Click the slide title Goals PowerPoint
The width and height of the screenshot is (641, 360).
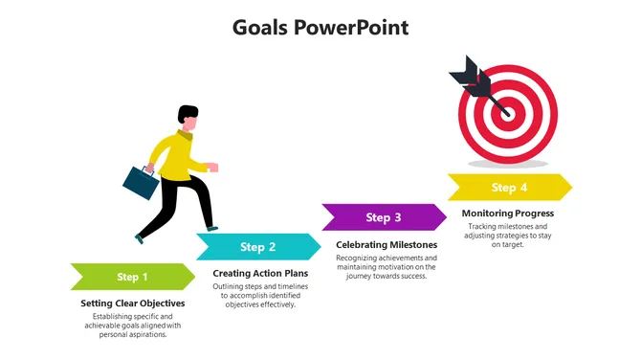[320, 28]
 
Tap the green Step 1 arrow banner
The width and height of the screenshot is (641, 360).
[133, 277]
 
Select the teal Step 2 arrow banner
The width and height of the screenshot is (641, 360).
[258, 247]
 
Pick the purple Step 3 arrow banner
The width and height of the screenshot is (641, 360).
[385, 217]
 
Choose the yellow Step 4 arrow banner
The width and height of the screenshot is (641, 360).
[510, 188]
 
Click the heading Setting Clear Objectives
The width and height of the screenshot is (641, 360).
[132, 304]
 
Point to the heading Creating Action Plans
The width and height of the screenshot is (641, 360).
[260, 273]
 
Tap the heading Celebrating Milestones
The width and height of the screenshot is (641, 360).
[387, 245]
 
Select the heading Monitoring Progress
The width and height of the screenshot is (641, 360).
[508, 214]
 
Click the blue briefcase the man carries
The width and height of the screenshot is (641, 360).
[141, 183]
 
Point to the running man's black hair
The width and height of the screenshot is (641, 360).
[188, 113]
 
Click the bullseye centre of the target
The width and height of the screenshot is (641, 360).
[508, 113]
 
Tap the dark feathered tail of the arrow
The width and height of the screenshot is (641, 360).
[470, 77]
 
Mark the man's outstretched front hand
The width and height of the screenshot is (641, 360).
[212, 168]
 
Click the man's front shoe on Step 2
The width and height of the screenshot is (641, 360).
[212, 229]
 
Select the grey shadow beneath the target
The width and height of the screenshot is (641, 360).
[508, 164]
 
